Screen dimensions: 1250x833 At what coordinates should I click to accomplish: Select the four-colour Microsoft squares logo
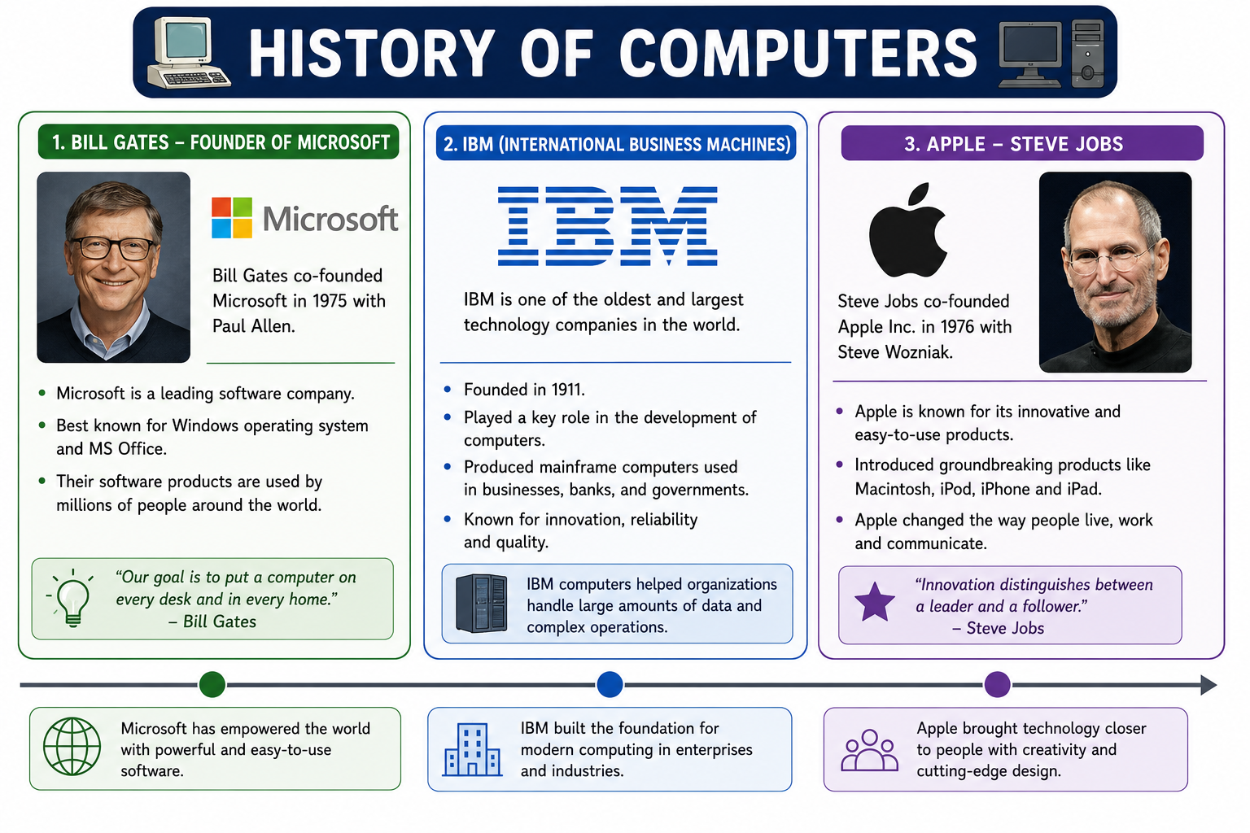[232, 217]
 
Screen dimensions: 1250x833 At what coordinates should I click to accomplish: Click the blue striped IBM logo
[607, 226]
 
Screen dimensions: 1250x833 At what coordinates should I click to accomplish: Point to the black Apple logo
[908, 229]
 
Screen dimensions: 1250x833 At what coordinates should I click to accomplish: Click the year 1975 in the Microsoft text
[330, 301]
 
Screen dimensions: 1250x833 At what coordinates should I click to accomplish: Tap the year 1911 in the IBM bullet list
[567, 390]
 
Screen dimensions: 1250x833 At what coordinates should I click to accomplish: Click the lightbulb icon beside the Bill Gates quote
[72, 598]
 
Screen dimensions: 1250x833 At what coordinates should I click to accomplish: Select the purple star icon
[875, 601]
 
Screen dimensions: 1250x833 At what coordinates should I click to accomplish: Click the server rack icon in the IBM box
[481, 604]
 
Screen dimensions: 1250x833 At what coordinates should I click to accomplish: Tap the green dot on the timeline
[212, 685]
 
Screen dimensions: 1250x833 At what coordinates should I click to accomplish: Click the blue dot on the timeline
[610, 685]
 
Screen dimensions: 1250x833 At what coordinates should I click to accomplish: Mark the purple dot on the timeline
[997, 685]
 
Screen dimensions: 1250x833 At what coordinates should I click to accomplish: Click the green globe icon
[72, 747]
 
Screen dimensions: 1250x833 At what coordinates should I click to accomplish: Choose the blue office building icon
[472, 749]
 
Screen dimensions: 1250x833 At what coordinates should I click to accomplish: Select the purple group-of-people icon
[869, 750]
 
